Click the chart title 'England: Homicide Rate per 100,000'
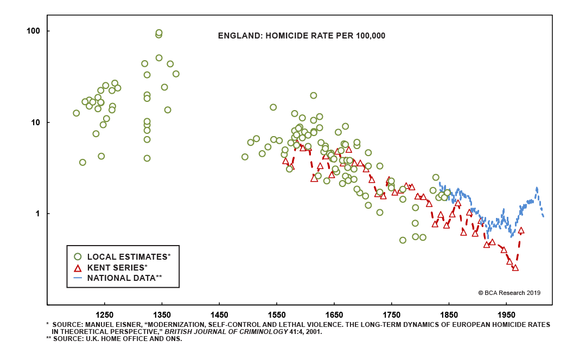[301, 36]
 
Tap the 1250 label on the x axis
[104, 315]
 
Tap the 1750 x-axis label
[391, 315]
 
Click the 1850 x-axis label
[449, 315]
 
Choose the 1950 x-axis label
[506, 315]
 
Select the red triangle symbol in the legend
[78, 268]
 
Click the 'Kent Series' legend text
[116, 268]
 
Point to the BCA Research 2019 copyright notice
[509, 293]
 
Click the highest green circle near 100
[159, 33]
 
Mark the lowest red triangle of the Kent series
[515, 267]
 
